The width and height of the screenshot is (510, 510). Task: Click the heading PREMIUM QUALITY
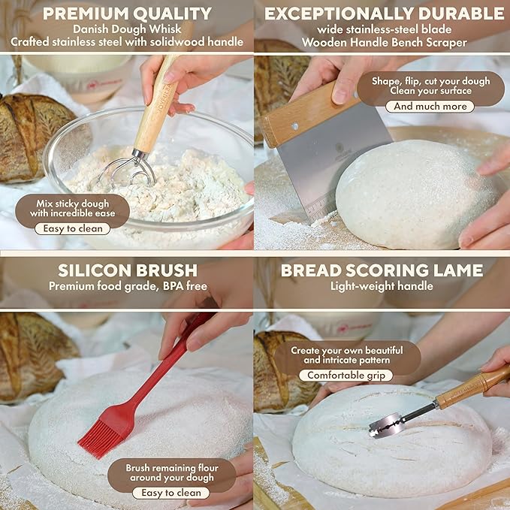pos(127,14)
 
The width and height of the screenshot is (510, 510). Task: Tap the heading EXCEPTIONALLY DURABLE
pos(384,14)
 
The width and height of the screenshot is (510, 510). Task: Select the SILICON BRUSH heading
pos(128,270)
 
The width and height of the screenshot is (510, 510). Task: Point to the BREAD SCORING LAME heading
pos(382,270)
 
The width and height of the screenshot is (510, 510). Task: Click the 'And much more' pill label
pos(430,107)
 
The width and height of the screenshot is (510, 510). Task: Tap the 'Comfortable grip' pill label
pos(346,376)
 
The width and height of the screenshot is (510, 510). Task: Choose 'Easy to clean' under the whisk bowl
pos(73,228)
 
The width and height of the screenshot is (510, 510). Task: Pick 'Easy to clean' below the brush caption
pos(171,493)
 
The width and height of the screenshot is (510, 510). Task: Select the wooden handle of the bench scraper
pos(309,114)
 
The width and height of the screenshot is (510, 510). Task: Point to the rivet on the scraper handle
pos(295,126)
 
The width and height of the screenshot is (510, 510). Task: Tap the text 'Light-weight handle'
pos(382,286)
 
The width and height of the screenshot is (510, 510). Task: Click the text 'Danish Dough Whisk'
pos(127,29)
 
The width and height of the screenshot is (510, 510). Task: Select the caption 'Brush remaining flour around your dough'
pos(172,472)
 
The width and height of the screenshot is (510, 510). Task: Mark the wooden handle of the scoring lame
pos(472,387)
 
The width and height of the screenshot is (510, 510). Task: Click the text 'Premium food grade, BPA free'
pos(128,286)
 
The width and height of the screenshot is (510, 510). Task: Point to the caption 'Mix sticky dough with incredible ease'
pos(73,209)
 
